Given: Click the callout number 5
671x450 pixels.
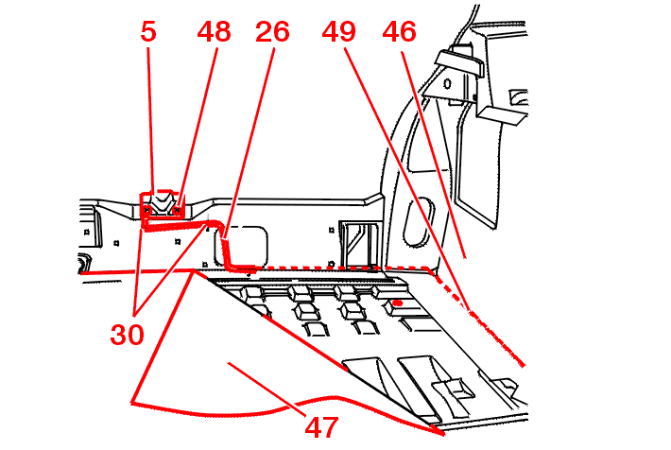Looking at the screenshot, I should point(148,31).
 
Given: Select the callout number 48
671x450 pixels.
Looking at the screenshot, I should point(215,31).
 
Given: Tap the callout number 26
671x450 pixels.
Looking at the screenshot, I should point(272,31).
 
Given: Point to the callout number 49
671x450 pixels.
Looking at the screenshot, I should point(338,31).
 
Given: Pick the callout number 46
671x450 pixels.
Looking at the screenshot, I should point(400,31).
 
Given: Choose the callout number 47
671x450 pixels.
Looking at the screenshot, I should point(321,427).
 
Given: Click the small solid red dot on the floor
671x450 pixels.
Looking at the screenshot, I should point(399,303).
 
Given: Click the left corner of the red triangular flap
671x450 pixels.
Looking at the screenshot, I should point(132,403).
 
